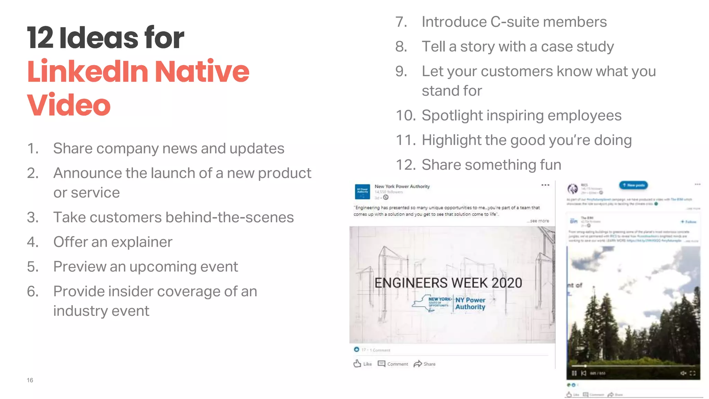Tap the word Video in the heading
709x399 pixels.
coord(69,105)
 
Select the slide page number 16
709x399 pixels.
coord(30,380)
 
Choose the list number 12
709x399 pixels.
coord(405,165)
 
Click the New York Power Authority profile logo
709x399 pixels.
coord(362,192)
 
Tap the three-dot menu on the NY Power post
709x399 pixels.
coord(545,185)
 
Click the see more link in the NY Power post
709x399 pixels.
coord(539,221)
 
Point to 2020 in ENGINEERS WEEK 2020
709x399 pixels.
coord(506,283)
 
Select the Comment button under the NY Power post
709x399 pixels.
coord(393,364)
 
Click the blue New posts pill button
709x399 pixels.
coord(633,185)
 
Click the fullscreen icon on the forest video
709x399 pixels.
coord(692,373)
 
